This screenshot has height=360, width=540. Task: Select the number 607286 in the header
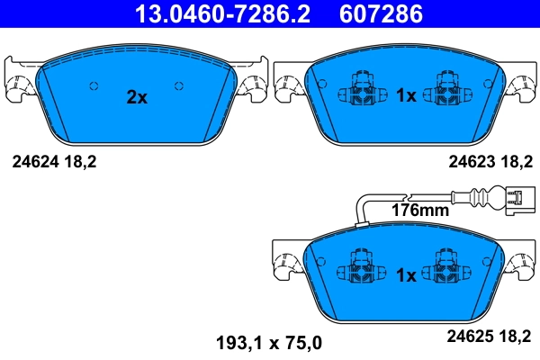click(x=379, y=14)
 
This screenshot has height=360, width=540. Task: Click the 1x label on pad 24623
click(x=406, y=95)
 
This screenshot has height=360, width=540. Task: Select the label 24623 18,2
click(x=490, y=162)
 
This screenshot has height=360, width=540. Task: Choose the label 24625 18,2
click(x=490, y=338)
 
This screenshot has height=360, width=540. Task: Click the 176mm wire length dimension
click(x=419, y=211)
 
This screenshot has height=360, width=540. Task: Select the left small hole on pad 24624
click(x=93, y=85)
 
